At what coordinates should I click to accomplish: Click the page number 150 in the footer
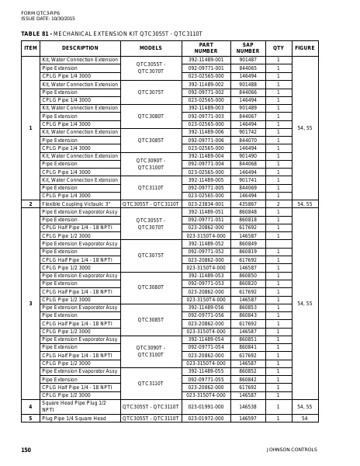pos(26,450)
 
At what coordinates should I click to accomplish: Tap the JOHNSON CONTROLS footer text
pos(292,450)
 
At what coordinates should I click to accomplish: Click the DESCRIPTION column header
pos(80,47)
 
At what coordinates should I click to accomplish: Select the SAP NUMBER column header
pos(247,47)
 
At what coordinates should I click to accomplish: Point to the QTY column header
pos(279,47)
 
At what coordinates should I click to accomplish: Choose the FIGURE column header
pos(305,47)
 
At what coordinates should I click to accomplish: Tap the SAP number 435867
pos(247,204)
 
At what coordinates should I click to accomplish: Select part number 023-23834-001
pos(206,204)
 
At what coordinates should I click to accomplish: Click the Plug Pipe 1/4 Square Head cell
pos(74,418)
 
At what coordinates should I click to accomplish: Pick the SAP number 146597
pos(247,418)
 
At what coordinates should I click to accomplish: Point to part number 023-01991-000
pos(206,406)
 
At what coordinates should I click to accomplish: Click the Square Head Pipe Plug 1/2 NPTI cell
pos(74,406)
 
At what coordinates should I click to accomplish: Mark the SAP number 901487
pos(247,60)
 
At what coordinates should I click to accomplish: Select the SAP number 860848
pos(247,212)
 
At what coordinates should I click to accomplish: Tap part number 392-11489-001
pos(206,60)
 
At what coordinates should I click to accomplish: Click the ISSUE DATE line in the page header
pos(48,18)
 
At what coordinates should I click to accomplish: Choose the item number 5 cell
pos(30,418)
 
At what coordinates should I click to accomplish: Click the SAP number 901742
pos(247,132)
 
